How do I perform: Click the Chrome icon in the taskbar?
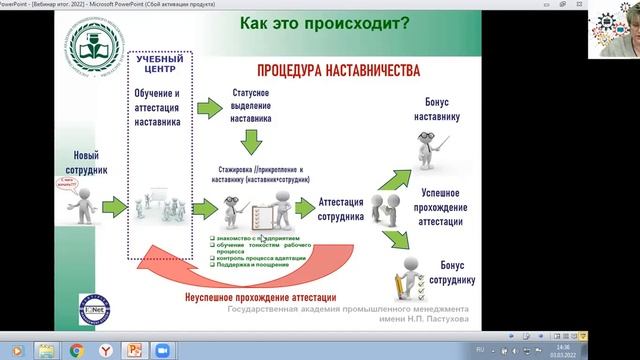pos(76,350)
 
